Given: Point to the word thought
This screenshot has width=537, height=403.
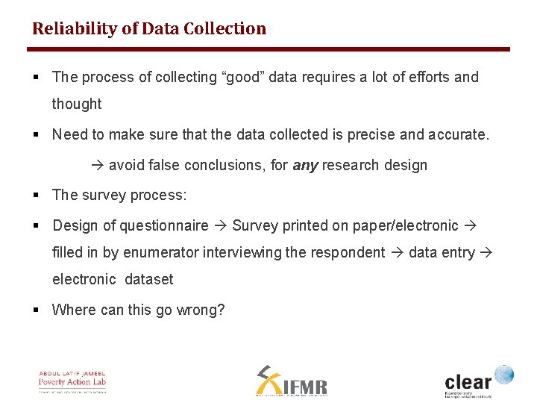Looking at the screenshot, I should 77,104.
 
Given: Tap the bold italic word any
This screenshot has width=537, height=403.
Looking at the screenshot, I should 305,165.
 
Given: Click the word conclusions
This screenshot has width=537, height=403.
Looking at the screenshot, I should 222,165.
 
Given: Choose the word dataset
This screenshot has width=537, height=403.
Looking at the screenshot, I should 149,280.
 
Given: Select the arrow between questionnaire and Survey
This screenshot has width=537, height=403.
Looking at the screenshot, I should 221,225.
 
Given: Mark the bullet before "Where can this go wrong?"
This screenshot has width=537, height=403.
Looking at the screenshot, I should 36,310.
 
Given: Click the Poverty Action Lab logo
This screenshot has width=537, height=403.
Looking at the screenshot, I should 72,381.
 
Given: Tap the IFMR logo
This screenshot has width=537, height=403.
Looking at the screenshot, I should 292,381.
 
